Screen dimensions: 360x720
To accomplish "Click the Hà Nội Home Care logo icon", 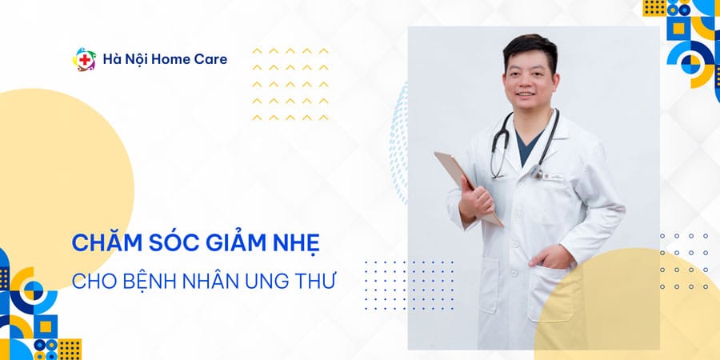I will [x=86, y=59].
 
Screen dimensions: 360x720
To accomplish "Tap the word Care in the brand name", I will [x=208, y=59].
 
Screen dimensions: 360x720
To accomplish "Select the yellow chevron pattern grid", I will [x=290, y=84].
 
